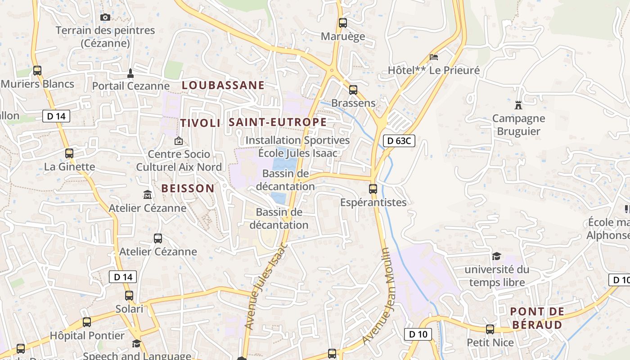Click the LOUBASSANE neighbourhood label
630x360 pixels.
(x=223, y=85)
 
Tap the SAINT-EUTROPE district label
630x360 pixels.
(x=278, y=122)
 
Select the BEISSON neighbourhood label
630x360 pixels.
(x=188, y=188)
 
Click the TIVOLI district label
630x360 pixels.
(x=201, y=123)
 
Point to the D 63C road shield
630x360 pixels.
(x=399, y=141)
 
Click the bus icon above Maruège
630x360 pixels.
(x=343, y=23)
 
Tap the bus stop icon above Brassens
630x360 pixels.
(x=353, y=90)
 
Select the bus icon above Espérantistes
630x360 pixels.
(x=373, y=189)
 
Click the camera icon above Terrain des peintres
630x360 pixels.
(x=105, y=17)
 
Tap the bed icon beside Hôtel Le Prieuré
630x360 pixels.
(x=434, y=57)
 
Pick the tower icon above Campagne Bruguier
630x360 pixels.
(x=518, y=105)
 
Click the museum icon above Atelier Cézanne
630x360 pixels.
(x=147, y=195)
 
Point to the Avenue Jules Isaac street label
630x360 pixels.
(x=266, y=286)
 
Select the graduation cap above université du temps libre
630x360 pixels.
(x=496, y=256)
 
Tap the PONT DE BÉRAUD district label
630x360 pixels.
(x=537, y=318)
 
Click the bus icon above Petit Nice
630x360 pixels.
(x=490, y=329)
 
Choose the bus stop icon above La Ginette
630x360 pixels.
(x=69, y=153)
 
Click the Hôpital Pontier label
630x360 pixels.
(x=87, y=336)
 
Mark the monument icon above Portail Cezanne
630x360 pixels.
(x=130, y=72)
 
